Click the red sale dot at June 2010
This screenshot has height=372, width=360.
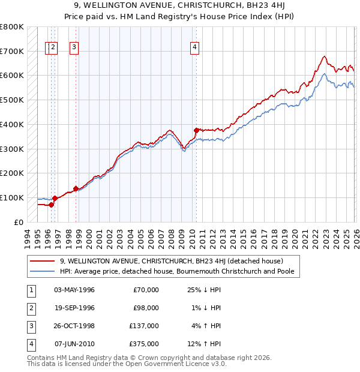[196, 130]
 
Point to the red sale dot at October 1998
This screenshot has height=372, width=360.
[76, 188]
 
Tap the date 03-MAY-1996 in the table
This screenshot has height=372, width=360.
[74, 290]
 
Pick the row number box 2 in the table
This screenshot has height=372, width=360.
[31, 308]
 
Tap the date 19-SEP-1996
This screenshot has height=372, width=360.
[74, 308]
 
